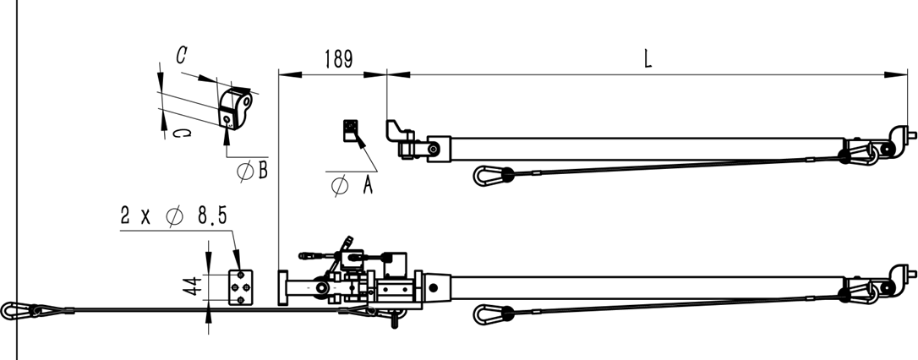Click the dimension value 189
pos(338,60)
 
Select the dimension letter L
pos(648,58)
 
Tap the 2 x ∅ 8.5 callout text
pos(173,216)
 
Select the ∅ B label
pos(253,171)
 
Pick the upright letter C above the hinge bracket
pos(182,56)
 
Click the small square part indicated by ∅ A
pos(351,130)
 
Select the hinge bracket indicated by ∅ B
pos(235,108)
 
